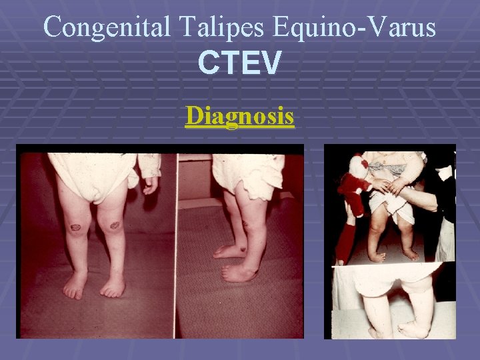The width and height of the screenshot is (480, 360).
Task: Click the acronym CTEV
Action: click(x=240, y=64)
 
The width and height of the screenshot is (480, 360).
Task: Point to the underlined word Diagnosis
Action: click(x=240, y=116)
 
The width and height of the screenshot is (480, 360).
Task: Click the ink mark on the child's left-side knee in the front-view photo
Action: click(x=77, y=227)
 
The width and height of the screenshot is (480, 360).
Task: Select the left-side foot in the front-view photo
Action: click(x=75, y=285)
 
